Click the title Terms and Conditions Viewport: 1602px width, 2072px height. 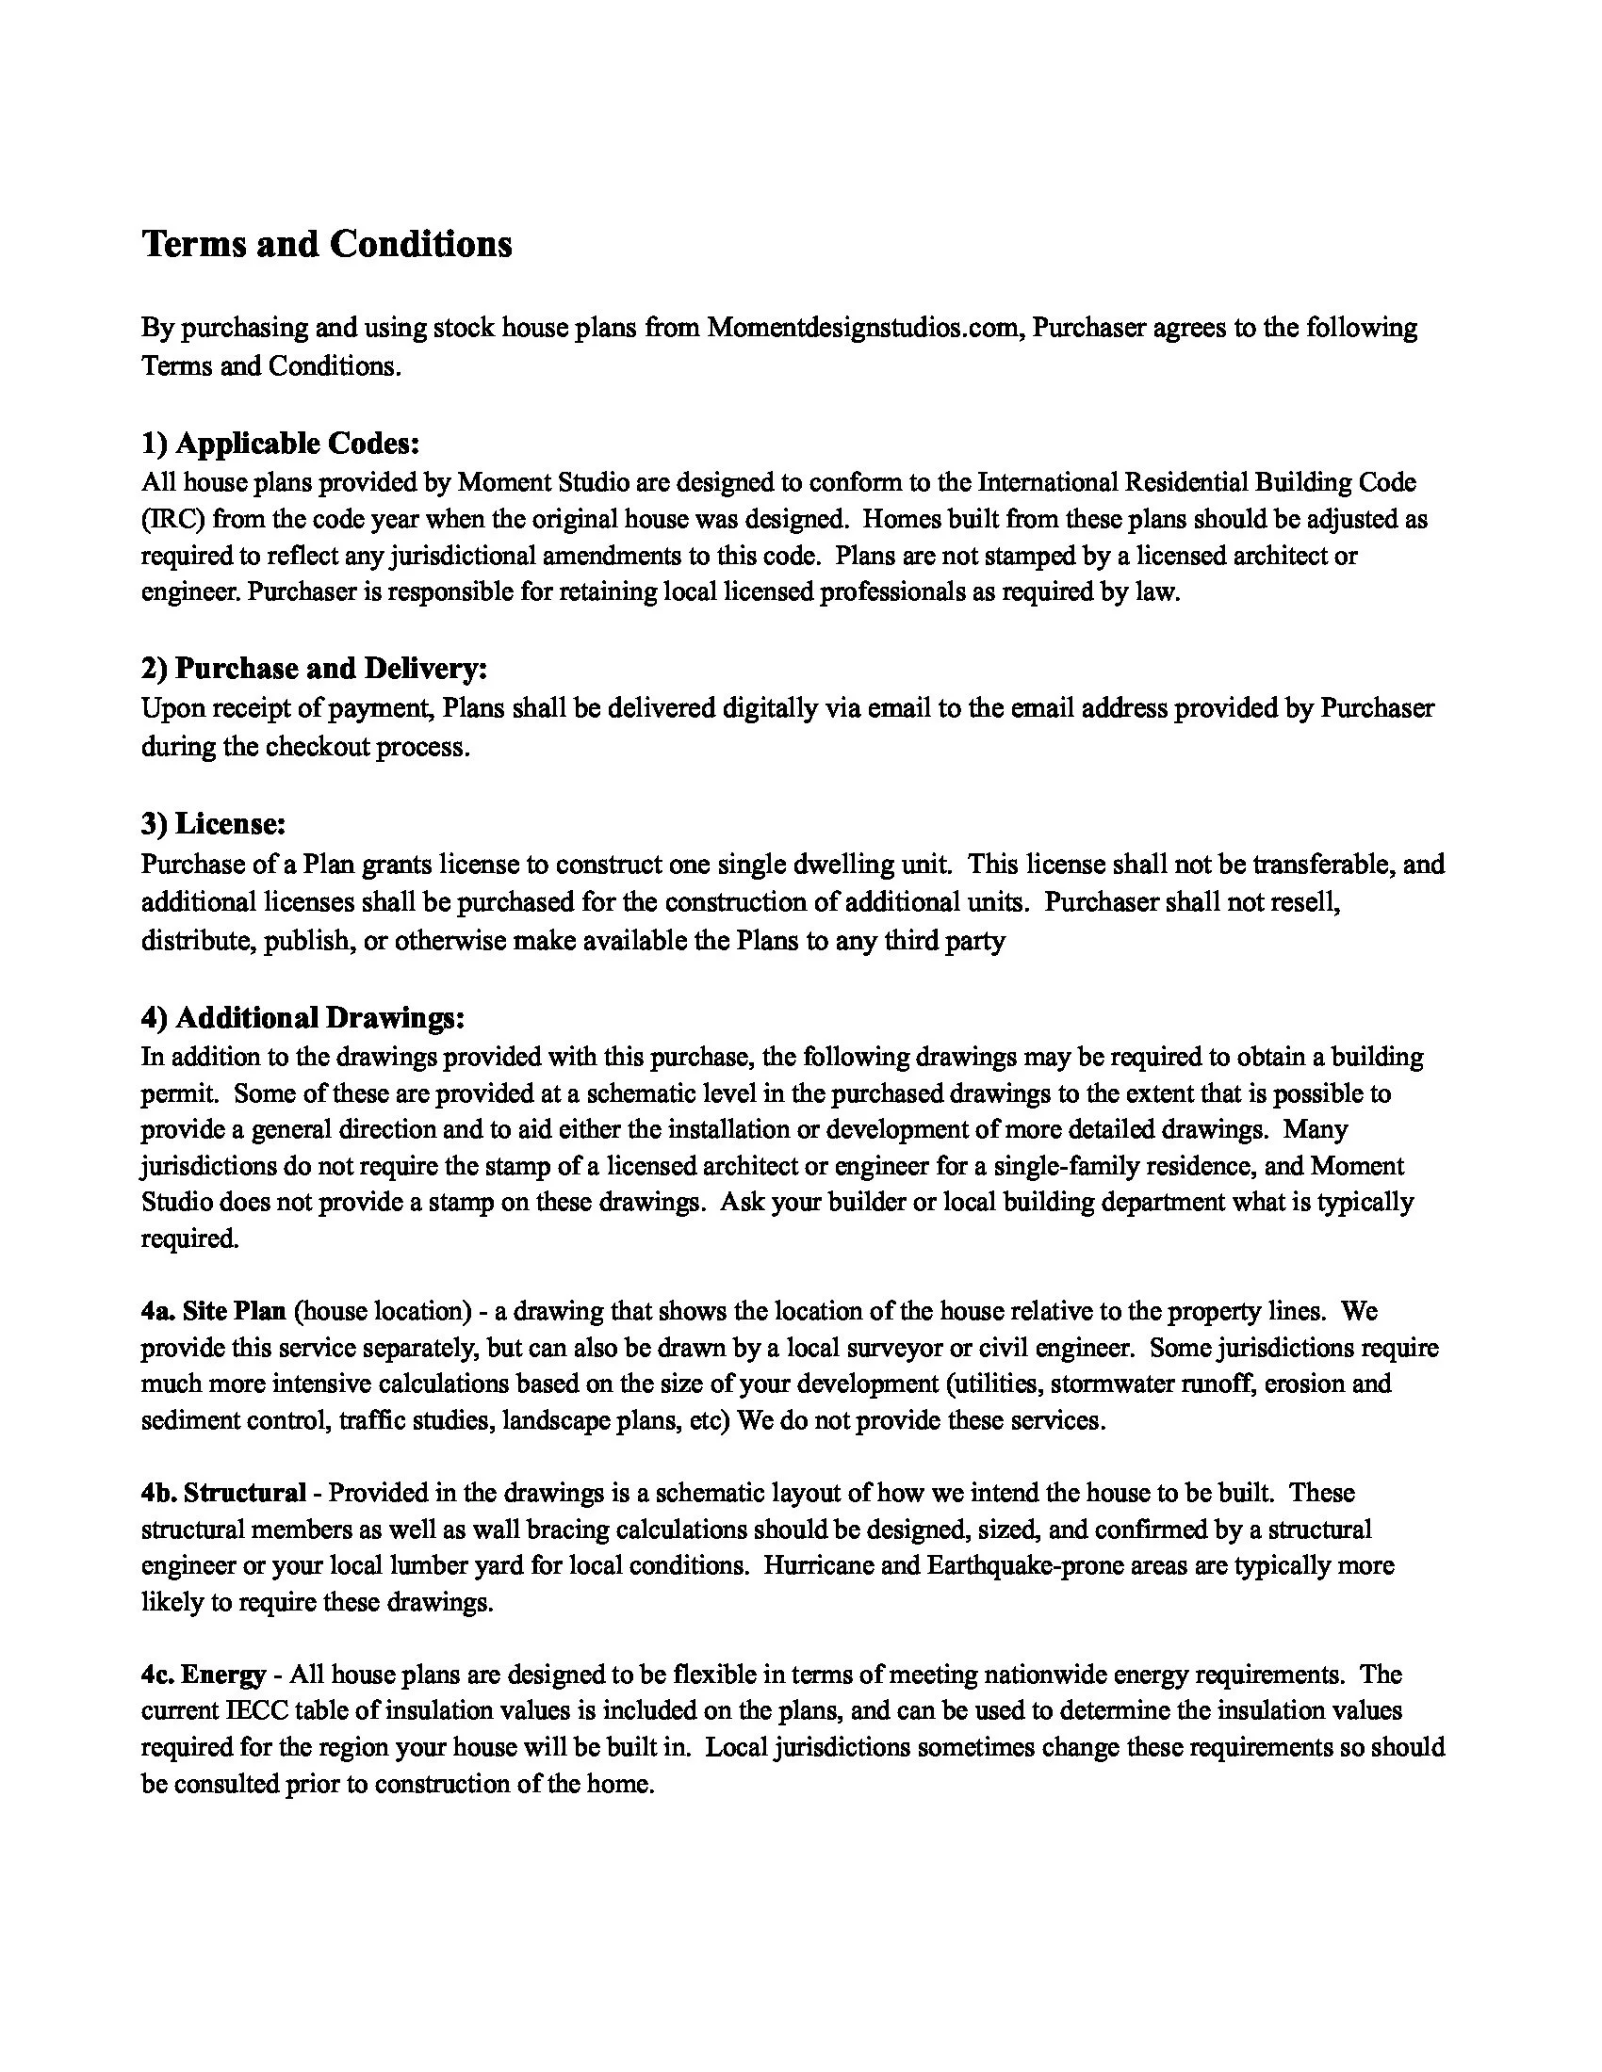click(x=326, y=245)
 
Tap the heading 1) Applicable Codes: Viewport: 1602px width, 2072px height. click(x=280, y=443)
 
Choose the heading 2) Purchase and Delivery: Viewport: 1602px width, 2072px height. click(x=314, y=669)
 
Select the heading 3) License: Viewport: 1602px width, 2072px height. click(x=214, y=824)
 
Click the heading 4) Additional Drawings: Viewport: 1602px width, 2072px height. click(x=302, y=1018)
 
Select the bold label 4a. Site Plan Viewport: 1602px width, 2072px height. click(x=214, y=1311)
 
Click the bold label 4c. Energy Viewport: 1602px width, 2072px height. click(x=204, y=1675)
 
